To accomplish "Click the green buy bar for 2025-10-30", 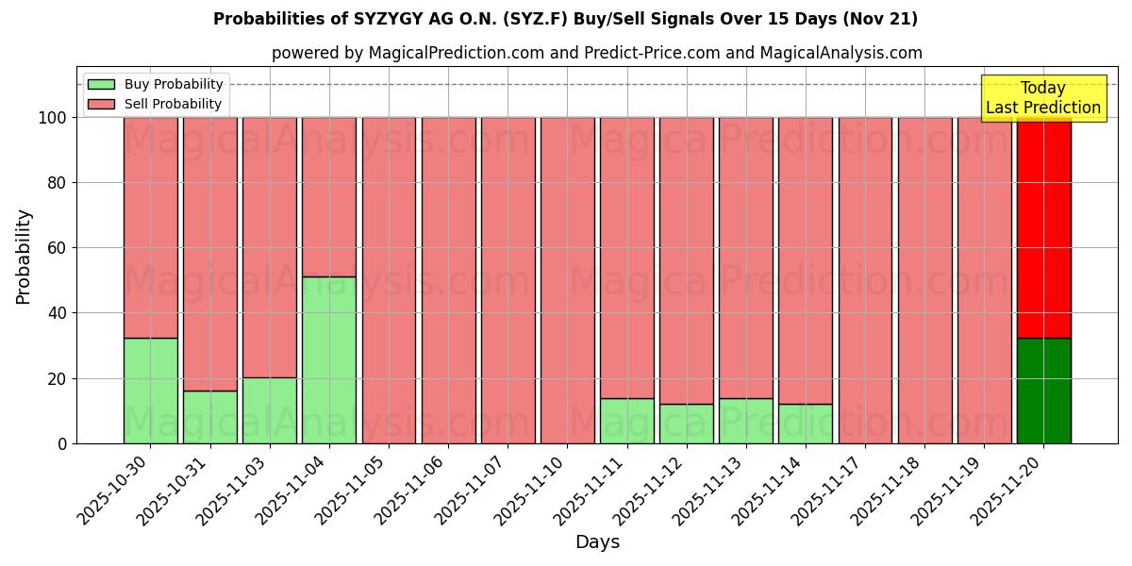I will [150, 391].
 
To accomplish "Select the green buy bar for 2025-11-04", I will [329, 359].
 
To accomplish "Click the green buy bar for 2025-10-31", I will [209, 417].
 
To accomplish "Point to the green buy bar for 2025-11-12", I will [687, 424].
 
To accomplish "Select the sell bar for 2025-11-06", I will [448, 280].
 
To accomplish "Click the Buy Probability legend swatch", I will [101, 84].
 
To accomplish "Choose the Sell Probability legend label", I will [173, 104].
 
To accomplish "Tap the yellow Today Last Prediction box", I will [1043, 98].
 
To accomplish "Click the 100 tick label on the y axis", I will [52, 118].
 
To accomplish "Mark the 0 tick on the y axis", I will [62, 443].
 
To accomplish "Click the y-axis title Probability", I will [24, 257].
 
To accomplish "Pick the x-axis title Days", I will [597, 542].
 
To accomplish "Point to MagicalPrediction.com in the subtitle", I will [456, 53].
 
